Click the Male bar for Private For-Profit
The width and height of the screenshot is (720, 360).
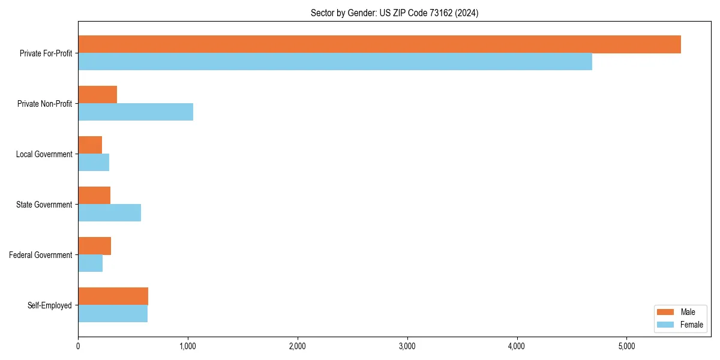pos(379,44)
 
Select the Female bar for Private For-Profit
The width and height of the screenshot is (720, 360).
pos(335,61)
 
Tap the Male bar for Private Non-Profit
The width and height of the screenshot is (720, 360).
pos(97,95)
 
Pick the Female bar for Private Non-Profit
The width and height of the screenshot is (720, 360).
pos(136,112)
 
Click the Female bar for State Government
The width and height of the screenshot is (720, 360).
pos(109,212)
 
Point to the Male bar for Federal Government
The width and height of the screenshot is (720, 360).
pos(94,246)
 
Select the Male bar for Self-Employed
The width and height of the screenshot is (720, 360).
pos(113,296)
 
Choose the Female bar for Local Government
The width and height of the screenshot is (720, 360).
pos(94,162)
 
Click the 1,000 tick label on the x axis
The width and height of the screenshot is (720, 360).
pos(188,346)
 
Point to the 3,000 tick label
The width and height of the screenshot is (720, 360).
pos(407,346)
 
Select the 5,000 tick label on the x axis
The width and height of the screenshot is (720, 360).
pos(626,346)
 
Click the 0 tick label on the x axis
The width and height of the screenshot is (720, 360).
pos(78,346)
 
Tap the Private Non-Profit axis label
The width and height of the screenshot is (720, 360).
pos(44,104)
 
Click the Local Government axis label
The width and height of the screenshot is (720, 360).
pos(44,154)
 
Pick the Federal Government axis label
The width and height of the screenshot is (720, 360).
pos(41,255)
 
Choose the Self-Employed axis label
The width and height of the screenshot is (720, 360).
pos(50,305)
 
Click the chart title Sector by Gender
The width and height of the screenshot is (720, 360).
pos(394,13)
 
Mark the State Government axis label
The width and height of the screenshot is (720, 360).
pos(44,205)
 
